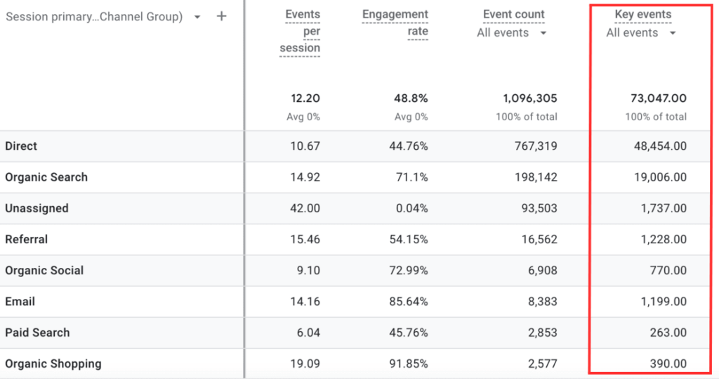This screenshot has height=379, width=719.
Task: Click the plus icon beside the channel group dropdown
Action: click(x=221, y=16)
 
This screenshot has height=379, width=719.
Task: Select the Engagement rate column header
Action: click(x=395, y=23)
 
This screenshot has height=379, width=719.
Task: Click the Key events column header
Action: click(x=642, y=14)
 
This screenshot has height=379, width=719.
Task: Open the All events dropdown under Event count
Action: click(x=513, y=32)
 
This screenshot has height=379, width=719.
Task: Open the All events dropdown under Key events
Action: click(x=642, y=32)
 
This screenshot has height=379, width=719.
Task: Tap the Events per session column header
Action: click(x=300, y=31)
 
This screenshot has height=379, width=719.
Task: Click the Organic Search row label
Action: click(x=46, y=177)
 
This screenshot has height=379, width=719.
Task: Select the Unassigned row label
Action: click(x=37, y=208)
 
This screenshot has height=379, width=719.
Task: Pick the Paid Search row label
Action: click(x=37, y=333)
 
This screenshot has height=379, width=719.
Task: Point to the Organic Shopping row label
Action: click(x=53, y=364)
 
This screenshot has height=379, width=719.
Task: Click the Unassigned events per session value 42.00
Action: click(x=305, y=208)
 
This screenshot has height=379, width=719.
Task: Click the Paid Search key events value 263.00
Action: click(x=668, y=333)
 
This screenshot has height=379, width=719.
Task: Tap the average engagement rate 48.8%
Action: click(x=411, y=98)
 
